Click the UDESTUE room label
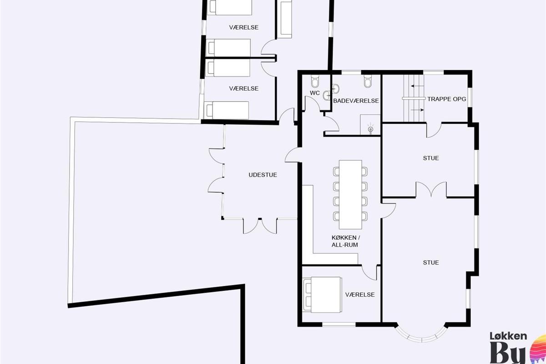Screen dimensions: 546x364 tap(263, 175)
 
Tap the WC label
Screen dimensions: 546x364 tap(315, 93)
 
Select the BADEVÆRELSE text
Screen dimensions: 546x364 tap(356, 101)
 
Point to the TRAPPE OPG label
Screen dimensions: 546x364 tap(446, 99)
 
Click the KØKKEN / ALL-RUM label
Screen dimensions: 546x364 tap(345, 241)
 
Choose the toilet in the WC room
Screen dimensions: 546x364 tap(315, 81)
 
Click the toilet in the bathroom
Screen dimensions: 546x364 tap(368, 81)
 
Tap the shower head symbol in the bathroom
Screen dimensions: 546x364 tap(370, 129)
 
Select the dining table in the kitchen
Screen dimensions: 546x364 tap(350, 194)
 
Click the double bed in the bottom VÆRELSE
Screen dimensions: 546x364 tap(322, 294)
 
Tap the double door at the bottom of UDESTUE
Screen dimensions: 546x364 tap(260, 226)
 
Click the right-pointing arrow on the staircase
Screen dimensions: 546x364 tap(417, 110)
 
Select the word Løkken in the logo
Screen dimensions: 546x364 tap(509, 336)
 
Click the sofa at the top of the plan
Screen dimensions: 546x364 tap(284, 19)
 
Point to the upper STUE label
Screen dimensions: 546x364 tap(431, 158)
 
